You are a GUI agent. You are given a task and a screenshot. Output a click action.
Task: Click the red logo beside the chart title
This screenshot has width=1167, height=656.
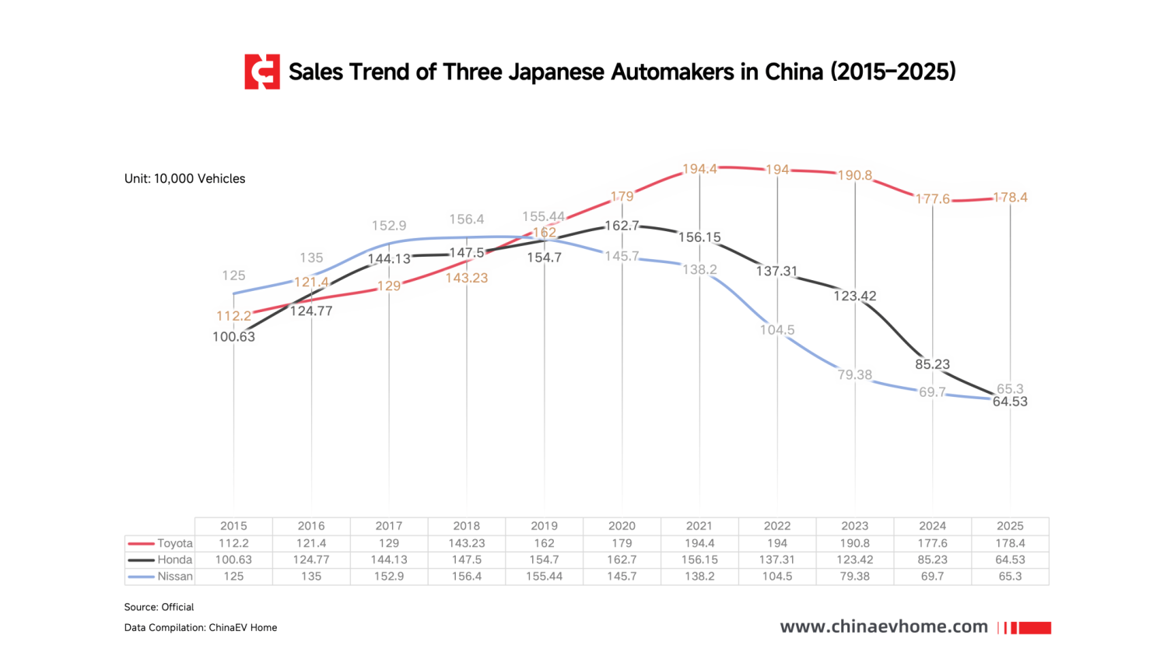(262, 72)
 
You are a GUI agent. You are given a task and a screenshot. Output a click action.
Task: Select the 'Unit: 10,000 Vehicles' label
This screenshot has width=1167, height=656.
(184, 179)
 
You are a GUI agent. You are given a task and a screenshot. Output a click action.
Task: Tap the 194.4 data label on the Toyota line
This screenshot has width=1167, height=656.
(699, 169)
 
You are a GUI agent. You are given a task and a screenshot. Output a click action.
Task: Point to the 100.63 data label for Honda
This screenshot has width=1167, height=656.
(233, 337)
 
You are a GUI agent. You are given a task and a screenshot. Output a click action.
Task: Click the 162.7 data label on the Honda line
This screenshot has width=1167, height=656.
(622, 226)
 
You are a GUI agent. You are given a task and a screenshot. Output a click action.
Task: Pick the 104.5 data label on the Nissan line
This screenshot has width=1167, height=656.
(777, 330)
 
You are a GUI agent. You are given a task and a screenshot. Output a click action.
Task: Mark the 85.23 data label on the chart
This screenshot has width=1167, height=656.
(932, 364)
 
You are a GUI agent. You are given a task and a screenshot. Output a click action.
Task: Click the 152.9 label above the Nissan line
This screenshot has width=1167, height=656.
(389, 226)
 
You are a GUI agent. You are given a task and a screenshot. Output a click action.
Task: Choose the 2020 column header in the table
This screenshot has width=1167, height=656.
(622, 526)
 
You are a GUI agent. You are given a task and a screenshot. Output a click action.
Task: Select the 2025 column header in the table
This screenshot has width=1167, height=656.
(1010, 526)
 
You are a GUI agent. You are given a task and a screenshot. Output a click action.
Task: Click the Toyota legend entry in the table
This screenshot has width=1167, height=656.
(161, 543)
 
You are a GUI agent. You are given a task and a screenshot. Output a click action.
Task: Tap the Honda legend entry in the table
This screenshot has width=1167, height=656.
(161, 560)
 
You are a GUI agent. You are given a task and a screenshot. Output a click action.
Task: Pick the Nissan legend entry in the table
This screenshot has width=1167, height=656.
(161, 577)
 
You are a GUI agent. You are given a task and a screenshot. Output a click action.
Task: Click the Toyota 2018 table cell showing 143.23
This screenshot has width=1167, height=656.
(467, 543)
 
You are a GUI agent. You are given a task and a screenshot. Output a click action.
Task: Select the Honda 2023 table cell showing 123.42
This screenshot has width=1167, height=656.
(854, 560)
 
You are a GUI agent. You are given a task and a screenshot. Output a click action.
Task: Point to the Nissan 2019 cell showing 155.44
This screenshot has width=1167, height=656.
(544, 577)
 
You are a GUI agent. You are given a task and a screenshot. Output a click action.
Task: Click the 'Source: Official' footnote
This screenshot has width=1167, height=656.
(159, 607)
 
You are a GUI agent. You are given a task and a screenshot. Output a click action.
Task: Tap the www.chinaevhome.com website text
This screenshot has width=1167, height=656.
(884, 627)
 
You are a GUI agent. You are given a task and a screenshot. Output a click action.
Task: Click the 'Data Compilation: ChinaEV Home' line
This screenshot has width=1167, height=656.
(201, 628)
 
